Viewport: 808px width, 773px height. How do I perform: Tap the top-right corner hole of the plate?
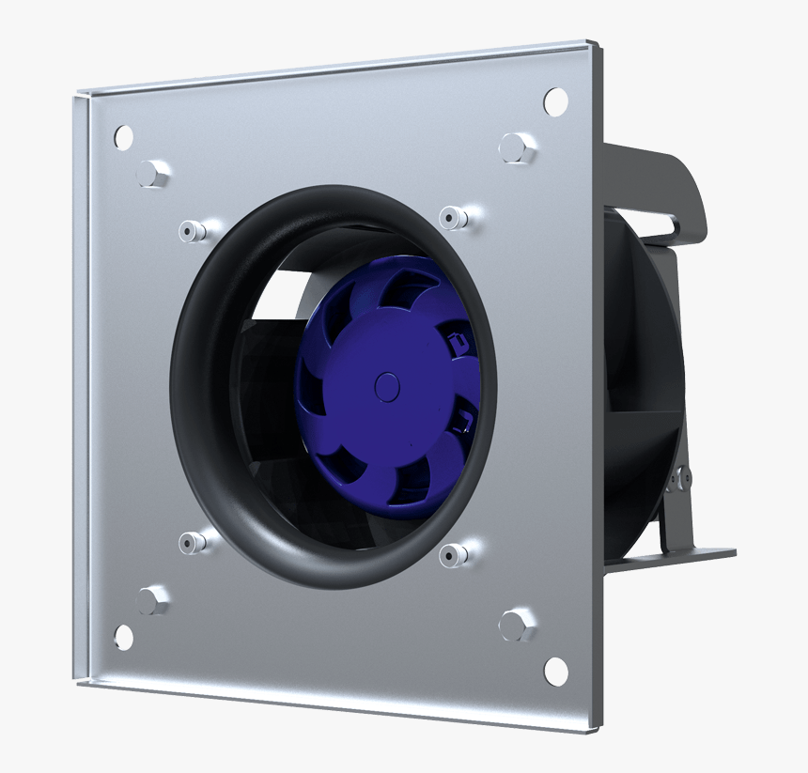pyautogui.click(x=555, y=99)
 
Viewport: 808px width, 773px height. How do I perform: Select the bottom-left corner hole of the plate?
pyautogui.click(x=124, y=637)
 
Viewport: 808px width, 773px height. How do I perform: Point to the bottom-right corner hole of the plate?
pyautogui.click(x=556, y=668)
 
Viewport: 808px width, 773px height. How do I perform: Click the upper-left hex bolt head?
pyautogui.click(x=152, y=173)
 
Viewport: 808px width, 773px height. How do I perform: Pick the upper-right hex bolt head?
pyautogui.click(x=516, y=147)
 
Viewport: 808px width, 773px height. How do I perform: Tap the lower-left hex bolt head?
pyautogui.click(x=152, y=598)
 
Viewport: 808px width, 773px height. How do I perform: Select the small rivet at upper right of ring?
pyautogui.click(x=456, y=219)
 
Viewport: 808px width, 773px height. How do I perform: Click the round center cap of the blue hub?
pyautogui.click(x=387, y=386)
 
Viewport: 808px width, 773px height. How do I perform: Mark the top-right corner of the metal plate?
pyautogui.click(x=590, y=43)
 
